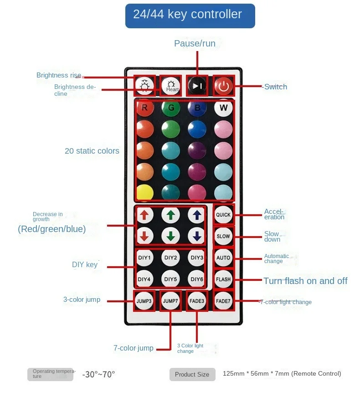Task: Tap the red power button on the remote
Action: (x=223, y=86)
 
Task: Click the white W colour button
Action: (x=223, y=108)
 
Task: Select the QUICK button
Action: (x=223, y=215)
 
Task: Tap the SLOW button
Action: (x=223, y=236)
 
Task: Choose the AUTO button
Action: (x=223, y=258)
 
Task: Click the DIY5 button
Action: (x=170, y=279)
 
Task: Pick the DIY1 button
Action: (x=144, y=258)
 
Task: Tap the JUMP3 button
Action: (x=144, y=301)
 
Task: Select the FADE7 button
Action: (x=223, y=301)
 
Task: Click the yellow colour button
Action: (x=144, y=192)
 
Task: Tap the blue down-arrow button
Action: (x=197, y=236)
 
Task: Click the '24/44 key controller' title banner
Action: (x=190, y=15)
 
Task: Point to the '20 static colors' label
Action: (x=92, y=151)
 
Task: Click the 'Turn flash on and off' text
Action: (x=305, y=281)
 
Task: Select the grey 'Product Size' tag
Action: (x=192, y=374)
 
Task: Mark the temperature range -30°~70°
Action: (x=98, y=374)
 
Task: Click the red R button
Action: (x=145, y=108)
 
